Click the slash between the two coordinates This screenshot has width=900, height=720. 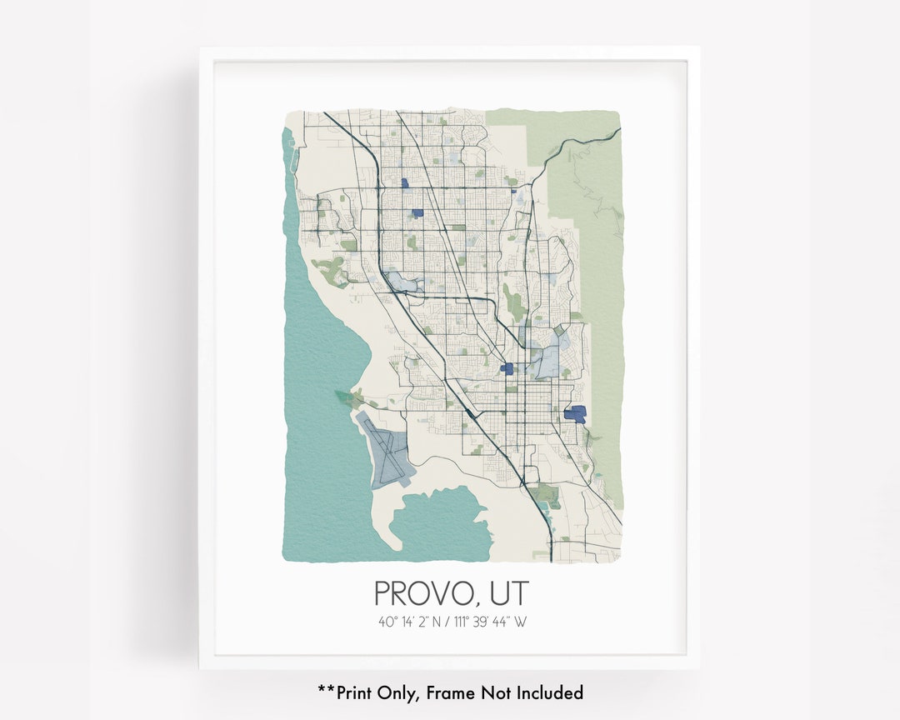click(x=448, y=622)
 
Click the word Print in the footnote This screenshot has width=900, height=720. click(x=355, y=692)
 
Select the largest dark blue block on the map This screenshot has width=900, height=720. click(x=575, y=412)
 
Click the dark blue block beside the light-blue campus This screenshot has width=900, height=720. click(x=507, y=368)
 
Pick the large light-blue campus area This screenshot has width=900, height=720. click(x=547, y=361)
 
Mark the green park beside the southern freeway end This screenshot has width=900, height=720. click(x=547, y=495)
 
